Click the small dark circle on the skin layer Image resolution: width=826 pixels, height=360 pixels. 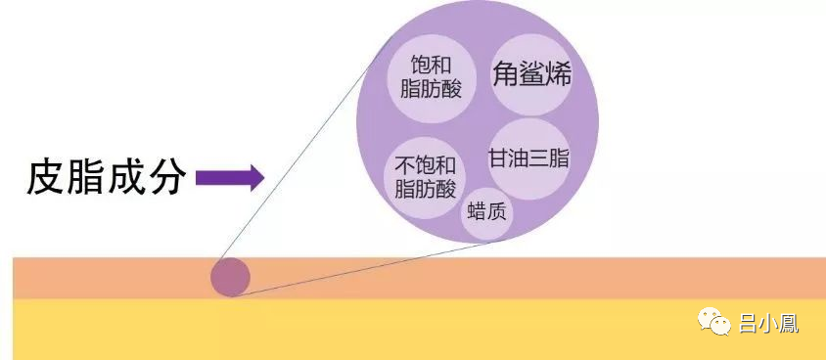pos(231,278)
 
